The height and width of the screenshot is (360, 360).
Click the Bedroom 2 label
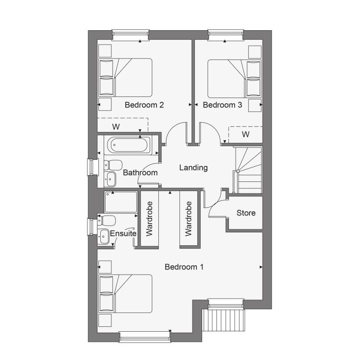pos(144,105)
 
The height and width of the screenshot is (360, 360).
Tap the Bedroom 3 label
pos(222,105)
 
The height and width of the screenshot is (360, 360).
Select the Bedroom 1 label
pos(184,267)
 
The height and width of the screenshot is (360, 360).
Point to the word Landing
pos(193,168)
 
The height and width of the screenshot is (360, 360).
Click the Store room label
pos(246,213)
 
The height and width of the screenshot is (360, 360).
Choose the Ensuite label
pos(123,233)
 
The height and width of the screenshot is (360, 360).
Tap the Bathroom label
pos(140,173)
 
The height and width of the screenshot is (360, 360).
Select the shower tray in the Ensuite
pos(121,202)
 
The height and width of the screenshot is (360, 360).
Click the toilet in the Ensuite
pos(106,220)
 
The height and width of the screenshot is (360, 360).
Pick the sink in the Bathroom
pos(110,179)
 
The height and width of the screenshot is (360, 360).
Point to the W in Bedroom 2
pos(116,127)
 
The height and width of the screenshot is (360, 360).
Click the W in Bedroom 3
pos(246,134)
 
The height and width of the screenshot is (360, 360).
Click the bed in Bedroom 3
pos(234,79)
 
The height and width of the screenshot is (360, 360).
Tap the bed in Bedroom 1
pos(125,294)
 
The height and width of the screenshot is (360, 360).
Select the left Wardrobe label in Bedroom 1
pos(149,219)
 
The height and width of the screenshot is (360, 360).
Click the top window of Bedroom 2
pos(131,35)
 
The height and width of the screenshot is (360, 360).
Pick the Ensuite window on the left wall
pos(92,227)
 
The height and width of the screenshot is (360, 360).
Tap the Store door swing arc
pos(215,204)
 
